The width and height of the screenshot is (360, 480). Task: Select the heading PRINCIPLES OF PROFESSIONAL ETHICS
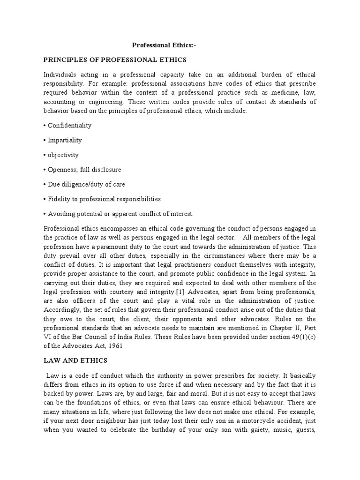[115, 60]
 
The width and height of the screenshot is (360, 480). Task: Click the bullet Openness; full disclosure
[84, 169]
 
